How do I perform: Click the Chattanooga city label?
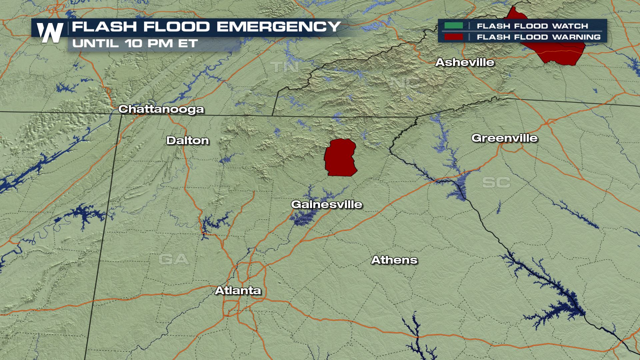[x=161, y=109]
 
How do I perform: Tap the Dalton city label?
[x=188, y=141]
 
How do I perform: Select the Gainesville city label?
[x=327, y=204]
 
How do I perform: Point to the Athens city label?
[x=394, y=260]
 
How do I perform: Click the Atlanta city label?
[x=238, y=291]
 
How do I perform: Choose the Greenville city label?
[x=504, y=138]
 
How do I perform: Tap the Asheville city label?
[x=465, y=62]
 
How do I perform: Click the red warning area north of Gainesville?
[x=340, y=157]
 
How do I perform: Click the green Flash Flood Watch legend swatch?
[x=453, y=26]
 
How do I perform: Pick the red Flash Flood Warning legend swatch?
[x=453, y=37]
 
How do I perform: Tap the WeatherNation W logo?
[x=50, y=33]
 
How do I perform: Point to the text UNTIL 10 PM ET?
[x=135, y=44]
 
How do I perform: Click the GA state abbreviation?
[x=173, y=259]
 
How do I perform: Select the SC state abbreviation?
[x=496, y=182]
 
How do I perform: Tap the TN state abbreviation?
[x=284, y=67]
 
